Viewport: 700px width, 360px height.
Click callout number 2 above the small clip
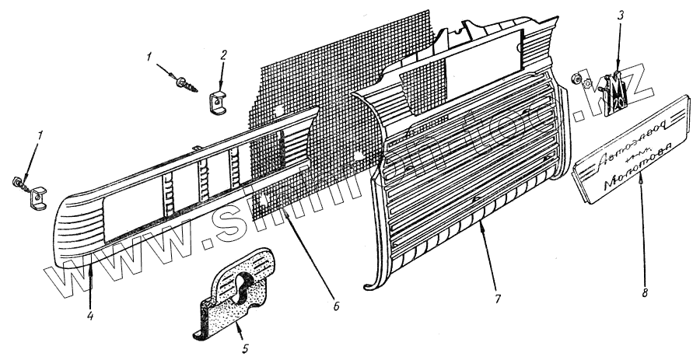click(223, 55)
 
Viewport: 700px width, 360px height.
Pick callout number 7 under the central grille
click(497, 299)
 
